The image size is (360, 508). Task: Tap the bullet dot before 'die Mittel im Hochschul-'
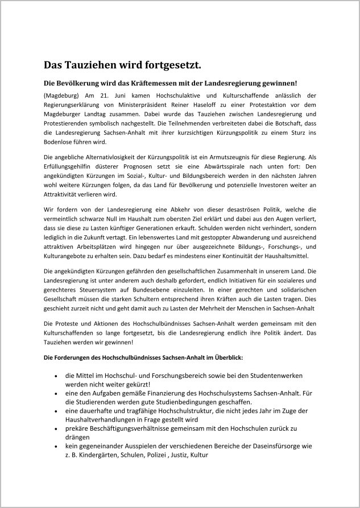pyautogui.click(x=55, y=376)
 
